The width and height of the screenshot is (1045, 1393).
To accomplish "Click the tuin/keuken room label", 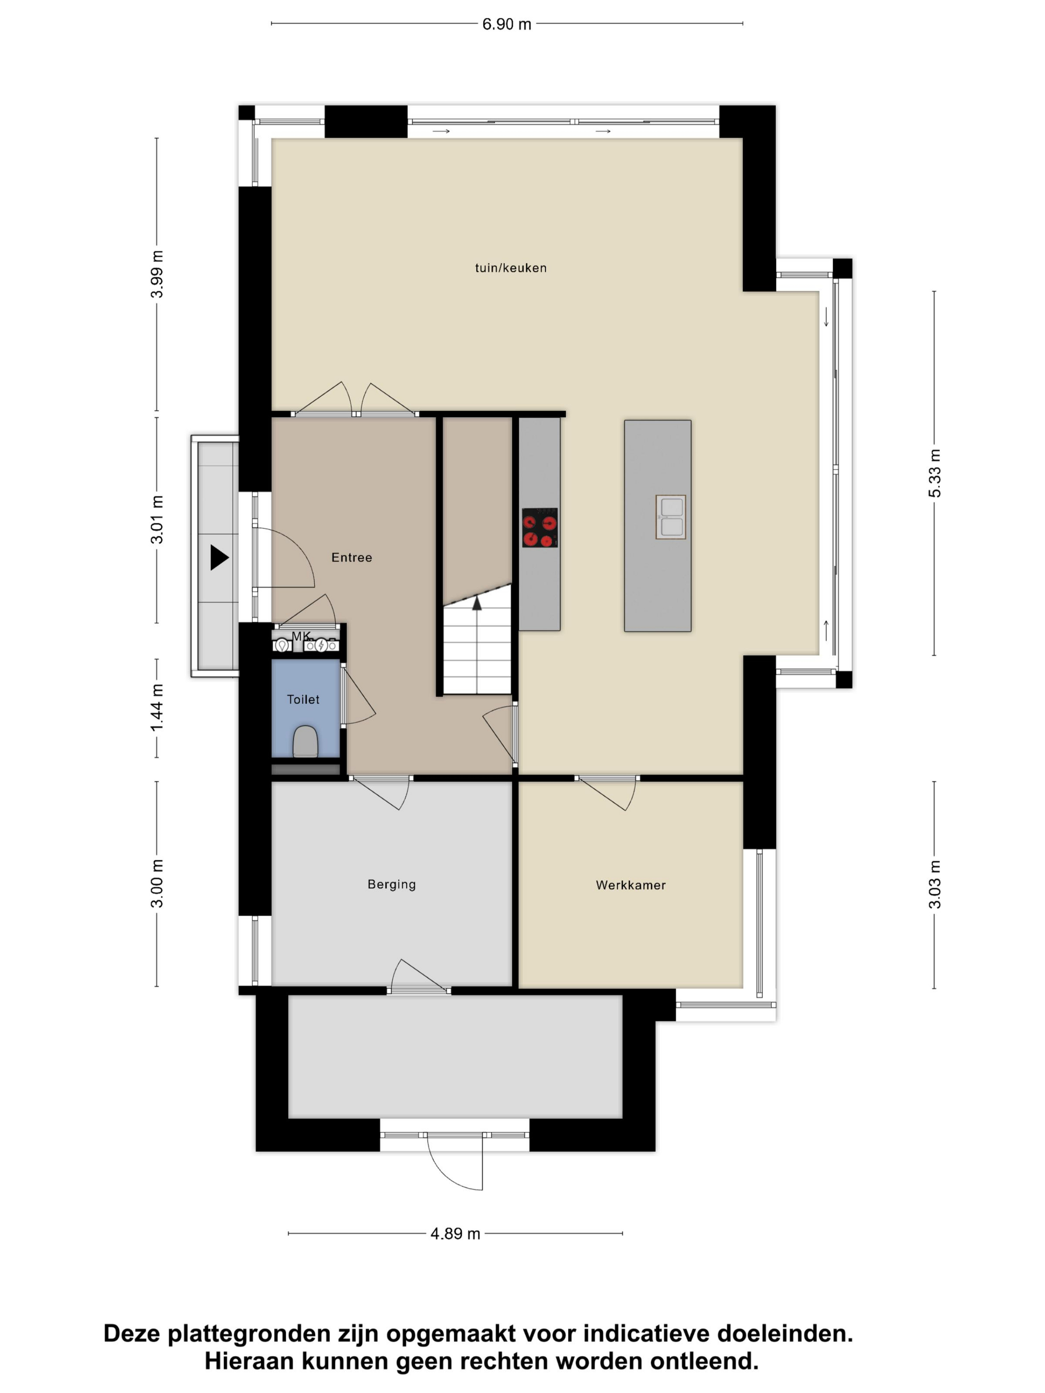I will tap(510, 268).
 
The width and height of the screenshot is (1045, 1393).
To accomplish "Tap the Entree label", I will tap(351, 557).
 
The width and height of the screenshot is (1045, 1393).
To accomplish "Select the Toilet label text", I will tap(303, 699).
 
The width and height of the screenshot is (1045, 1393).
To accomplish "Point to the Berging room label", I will tap(391, 884).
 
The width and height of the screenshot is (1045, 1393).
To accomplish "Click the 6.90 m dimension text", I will tap(507, 24).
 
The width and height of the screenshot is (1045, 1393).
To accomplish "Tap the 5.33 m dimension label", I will tap(934, 473).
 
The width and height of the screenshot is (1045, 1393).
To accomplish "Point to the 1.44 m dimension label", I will tap(157, 708).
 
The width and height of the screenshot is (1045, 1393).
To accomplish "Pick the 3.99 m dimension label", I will tap(157, 274).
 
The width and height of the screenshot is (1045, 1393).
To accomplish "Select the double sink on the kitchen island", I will tap(670, 517).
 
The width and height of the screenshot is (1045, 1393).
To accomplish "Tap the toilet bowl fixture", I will tap(306, 742).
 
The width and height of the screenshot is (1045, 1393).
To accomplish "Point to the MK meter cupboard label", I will tap(301, 635).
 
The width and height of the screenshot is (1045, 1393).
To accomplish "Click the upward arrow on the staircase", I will tap(477, 603).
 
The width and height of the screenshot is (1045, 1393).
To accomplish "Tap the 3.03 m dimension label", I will tap(935, 884).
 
